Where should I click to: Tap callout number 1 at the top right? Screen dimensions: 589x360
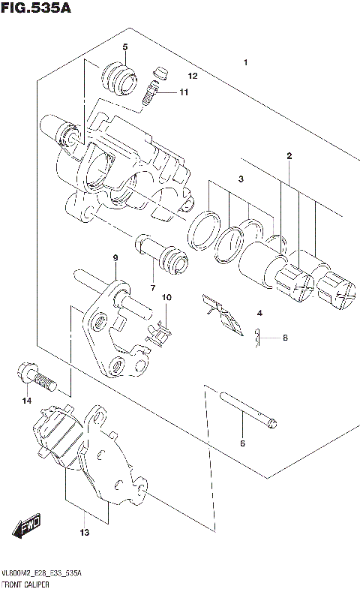245,63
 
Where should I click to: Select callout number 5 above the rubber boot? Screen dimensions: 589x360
125,47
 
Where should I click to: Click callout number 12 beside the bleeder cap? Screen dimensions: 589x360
192,77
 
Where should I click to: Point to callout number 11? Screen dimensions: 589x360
184,92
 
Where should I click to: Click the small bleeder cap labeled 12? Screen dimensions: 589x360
157,71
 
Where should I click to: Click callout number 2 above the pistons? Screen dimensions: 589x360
289,156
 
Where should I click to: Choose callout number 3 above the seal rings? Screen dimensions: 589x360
241,179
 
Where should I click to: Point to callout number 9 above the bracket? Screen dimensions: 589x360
115,258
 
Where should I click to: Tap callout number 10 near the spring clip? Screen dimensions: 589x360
166,298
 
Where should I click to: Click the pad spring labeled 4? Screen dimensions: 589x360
223,314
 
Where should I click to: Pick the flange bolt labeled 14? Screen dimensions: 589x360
37,377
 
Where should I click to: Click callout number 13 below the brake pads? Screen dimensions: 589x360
84,533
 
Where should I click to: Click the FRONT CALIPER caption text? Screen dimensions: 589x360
26,583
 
